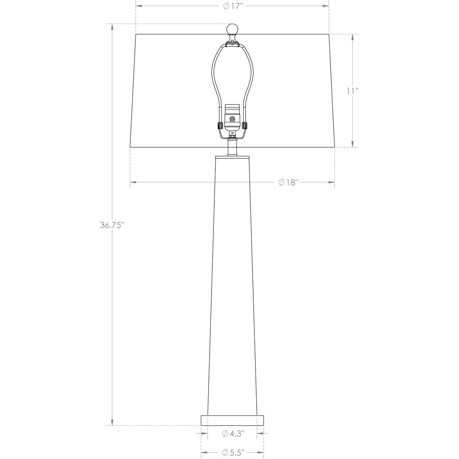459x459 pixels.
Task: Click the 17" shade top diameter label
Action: pos(232,6)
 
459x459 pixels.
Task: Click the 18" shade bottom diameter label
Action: pos(288,182)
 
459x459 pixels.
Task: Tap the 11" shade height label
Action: pos(352,91)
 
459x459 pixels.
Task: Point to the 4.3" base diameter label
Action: pos(233,433)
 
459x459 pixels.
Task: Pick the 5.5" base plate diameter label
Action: pos(233,452)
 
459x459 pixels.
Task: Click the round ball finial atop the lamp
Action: pos(232,29)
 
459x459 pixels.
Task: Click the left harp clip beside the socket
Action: pos(220,125)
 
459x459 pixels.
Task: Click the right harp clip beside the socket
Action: pos(244,125)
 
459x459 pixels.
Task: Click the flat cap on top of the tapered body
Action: pos(232,156)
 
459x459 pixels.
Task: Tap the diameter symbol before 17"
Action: pos(226,6)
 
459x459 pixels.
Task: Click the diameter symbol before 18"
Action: pos(281,182)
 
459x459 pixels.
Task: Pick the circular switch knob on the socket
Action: pos(232,119)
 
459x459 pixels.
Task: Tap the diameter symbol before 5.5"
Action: pos(226,452)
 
